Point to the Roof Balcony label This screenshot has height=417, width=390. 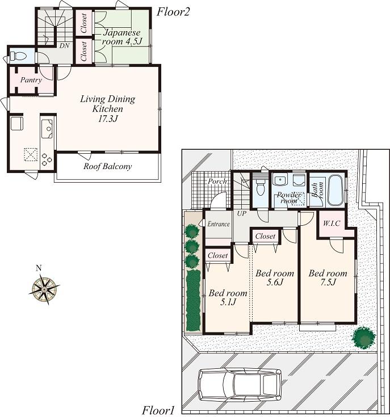pyautogui.click(x=107, y=167)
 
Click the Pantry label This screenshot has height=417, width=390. pyautogui.click(x=31, y=81)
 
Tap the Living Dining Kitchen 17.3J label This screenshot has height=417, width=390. pyautogui.click(x=108, y=108)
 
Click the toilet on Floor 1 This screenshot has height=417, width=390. pyautogui.click(x=260, y=187)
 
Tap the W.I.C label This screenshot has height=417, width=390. pyautogui.click(x=332, y=223)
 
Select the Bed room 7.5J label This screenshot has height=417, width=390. pyautogui.click(x=328, y=278)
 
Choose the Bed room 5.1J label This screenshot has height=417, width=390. pyautogui.click(x=228, y=297)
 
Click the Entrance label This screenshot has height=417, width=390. pyautogui.click(x=218, y=224)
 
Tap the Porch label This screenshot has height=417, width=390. pyautogui.click(x=217, y=182)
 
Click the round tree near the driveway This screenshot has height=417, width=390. pyautogui.click(x=363, y=338)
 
